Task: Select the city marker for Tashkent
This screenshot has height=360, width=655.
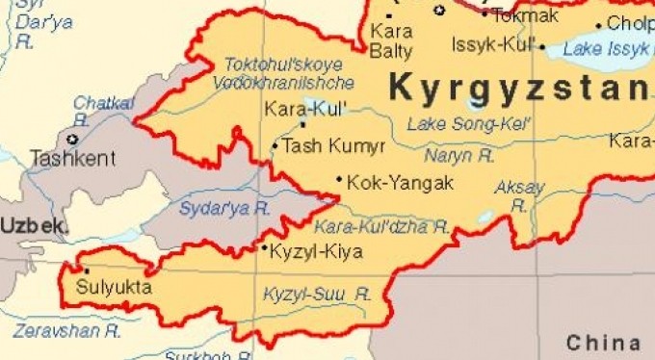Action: click(x=73, y=140)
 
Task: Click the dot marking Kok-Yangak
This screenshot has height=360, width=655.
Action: click(x=339, y=178)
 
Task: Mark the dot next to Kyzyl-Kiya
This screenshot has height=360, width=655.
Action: click(x=265, y=247)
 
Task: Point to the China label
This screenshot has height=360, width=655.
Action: click(x=603, y=343)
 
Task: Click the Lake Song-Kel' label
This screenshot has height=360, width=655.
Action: click(x=469, y=124)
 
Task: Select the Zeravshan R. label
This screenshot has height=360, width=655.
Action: click(x=66, y=330)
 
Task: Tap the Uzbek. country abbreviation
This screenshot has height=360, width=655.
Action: click(x=34, y=225)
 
